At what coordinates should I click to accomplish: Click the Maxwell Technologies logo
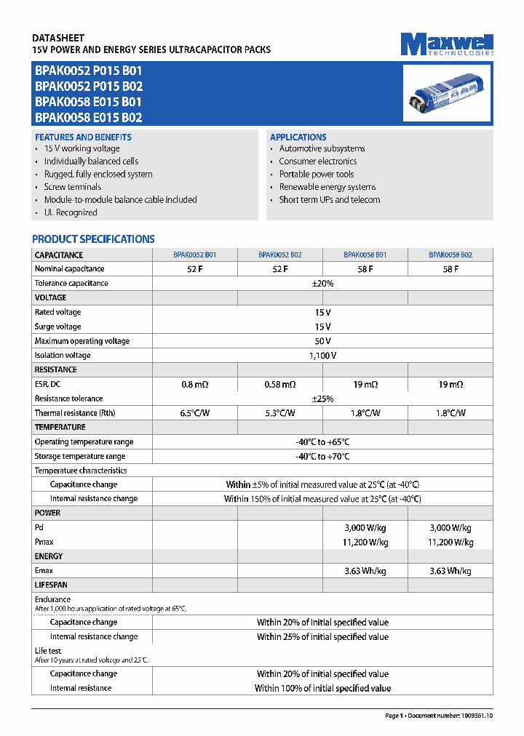[447, 44]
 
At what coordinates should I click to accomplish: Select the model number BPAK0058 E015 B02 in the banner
[88, 117]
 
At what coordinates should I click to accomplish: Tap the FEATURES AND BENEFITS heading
[83, 137]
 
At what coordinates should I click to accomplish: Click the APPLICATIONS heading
[298, 137]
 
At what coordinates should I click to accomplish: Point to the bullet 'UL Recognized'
[71, 212]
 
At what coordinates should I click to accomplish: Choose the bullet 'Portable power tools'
[317, 174]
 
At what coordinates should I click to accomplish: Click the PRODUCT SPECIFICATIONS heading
[93, 239]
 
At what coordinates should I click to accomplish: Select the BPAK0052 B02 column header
[279, 255]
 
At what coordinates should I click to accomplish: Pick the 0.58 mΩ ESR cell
[279, 384]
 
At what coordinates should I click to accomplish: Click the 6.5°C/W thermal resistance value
[194, 413]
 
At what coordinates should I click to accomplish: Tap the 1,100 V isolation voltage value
[322, 356]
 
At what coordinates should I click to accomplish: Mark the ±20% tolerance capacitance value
[322, 283]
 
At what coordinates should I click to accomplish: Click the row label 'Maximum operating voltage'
[82, 341]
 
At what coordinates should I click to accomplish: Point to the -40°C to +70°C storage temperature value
[322, 456]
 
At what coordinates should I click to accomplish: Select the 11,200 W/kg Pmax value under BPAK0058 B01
[365, 542]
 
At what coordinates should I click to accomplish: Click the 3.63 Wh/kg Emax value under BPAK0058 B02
[450, 571]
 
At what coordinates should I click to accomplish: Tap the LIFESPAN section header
[51, 585]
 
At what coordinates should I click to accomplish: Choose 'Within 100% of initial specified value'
[322, 688]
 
